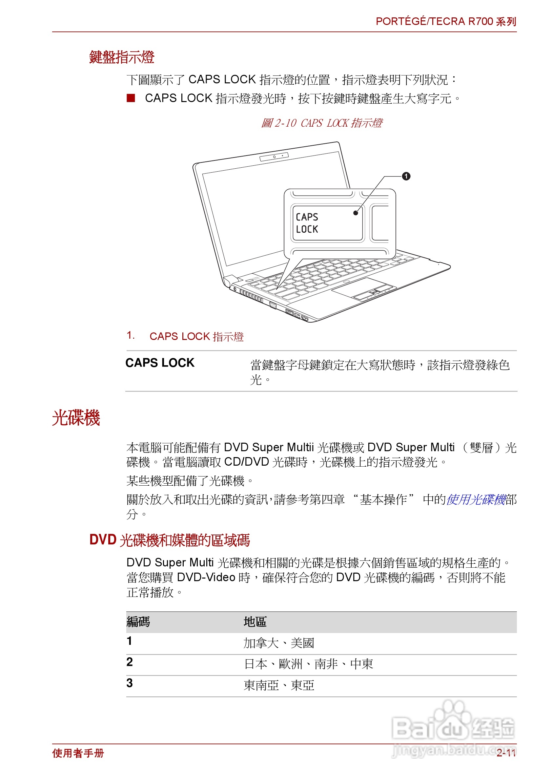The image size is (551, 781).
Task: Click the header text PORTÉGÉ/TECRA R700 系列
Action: coord(446,21)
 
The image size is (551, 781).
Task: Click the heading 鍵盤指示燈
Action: coord(122,57)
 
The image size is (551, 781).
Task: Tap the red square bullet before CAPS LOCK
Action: coord(131,98)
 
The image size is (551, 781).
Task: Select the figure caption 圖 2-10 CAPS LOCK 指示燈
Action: coord(321,123)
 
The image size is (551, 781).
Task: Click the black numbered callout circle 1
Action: coord(406,176)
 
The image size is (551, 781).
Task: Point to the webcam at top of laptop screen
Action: coord(274,157)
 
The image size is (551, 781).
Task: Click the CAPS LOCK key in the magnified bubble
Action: coord(326,223)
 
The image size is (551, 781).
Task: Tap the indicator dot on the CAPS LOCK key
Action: coord(355,213)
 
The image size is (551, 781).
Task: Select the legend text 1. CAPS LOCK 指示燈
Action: coord(185,336)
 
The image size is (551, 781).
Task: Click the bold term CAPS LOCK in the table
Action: coord(160,363)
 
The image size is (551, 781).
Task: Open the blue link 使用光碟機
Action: coord(476,499)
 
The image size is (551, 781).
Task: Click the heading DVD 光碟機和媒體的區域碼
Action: coord(169,540)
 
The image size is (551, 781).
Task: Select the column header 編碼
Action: coord(138,622)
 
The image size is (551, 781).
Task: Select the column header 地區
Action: coord(255,622)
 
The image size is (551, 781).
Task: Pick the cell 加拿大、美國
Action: coord(278,643)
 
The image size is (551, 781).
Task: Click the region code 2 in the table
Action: coord(130,662)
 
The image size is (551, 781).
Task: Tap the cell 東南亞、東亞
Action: coord(278,686)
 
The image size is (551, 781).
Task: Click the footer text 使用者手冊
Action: coord(78,753)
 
